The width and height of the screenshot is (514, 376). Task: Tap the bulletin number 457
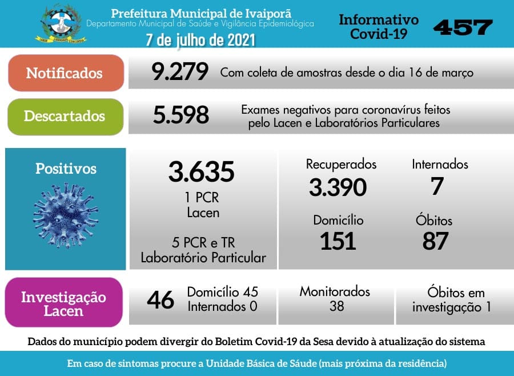point(463,27)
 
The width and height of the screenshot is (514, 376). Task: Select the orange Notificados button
point(65,73)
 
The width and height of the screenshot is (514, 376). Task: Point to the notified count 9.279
point(180,73)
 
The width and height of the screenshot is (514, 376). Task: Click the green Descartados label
point(65,116)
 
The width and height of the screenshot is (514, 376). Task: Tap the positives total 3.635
point(202,171)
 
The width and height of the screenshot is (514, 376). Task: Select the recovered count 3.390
point(338,187)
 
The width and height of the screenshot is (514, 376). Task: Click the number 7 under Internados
point(437,186)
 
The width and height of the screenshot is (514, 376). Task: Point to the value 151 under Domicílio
point(338,241)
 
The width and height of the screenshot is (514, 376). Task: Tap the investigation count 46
point(160,300)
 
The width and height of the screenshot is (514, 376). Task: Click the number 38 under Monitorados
point(336,306)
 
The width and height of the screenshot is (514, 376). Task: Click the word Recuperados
point(341,165)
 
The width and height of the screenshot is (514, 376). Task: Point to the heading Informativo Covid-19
point(379,27)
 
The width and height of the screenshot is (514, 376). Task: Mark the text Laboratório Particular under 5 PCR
point(203,258)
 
